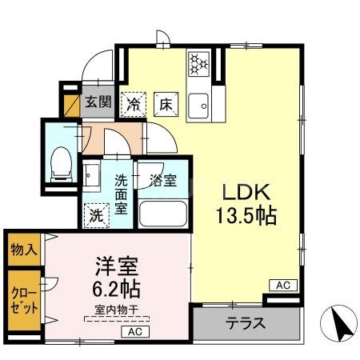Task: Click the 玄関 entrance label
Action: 98,102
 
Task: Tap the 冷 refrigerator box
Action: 134,104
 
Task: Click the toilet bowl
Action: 60,162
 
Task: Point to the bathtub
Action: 162,214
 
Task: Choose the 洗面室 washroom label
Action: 121,194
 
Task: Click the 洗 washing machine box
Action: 96,214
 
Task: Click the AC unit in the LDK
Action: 282,285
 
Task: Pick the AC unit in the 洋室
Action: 134,330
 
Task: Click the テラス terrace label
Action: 245,326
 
